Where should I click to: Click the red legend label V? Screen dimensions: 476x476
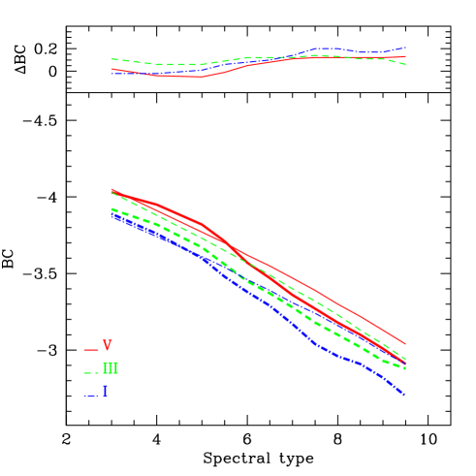(x=108, y=346)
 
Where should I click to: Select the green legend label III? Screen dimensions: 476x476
(x=111, y=369)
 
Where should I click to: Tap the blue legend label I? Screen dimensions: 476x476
(x=105, y=393)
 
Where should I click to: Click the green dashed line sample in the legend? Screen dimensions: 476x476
(x=90, y=372)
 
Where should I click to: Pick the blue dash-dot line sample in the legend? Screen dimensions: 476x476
(x=90, y=396)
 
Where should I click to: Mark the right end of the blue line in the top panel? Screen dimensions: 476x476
(x=405, y=47)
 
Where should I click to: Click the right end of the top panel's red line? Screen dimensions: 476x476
(x=405, y=57)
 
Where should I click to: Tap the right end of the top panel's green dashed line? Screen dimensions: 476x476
(x=405, y=64)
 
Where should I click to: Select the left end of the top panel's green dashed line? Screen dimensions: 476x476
(x=111, y=59)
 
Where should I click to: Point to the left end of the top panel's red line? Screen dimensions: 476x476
(x=111, y=69)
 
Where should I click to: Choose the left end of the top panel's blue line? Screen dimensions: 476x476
(x=111, y=73)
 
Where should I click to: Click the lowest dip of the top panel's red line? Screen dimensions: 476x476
(x=198, y=78)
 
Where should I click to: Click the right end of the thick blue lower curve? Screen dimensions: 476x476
(x=403, y=396)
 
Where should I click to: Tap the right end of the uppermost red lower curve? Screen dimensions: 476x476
(x=404, y=344)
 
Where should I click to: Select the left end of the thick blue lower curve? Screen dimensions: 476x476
(x=111, y=215)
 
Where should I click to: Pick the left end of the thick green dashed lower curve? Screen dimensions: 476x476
(x=111, y=209)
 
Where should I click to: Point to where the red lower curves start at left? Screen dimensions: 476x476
(x=111, y=190)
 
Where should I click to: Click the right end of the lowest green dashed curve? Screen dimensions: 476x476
(x=404, y=368)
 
